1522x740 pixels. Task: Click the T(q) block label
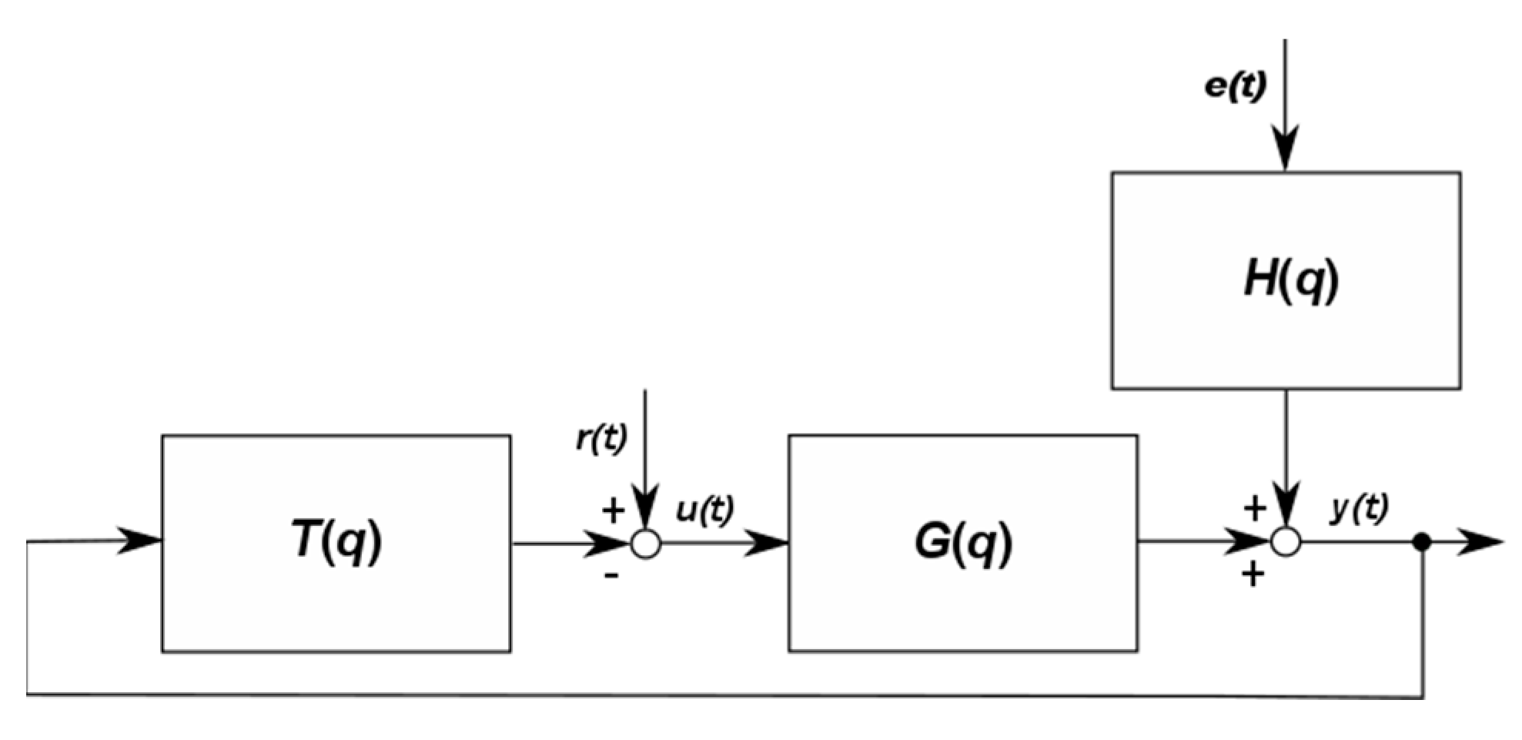[x=336, y=540]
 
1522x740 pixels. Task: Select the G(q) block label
[x=963, y=541]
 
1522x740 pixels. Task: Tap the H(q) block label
[x=1291, y=279]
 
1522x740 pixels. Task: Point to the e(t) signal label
[x=1235, y=86]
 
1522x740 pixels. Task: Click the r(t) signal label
[x=601, y=439]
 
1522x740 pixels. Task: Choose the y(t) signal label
[x=1360, y=509]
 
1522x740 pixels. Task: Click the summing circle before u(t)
[x=646, y=544]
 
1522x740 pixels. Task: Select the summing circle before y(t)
[x=1286, y=542]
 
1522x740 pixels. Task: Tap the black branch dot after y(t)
[x=1422, y=542]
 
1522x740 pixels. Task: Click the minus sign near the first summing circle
[x=611, y=575]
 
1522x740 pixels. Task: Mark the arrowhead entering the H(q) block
[x=1285, y=150]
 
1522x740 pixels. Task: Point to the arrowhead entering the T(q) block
[x=140, y=541]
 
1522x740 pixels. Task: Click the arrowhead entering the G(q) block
[x=768, y=543]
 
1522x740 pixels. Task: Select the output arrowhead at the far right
[x=1482, y=542]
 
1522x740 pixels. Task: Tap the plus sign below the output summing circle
[x=1253, y=574]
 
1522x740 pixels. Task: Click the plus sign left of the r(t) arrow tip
[x=613, y=511]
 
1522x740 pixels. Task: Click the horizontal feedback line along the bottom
[x=724, y=696]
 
